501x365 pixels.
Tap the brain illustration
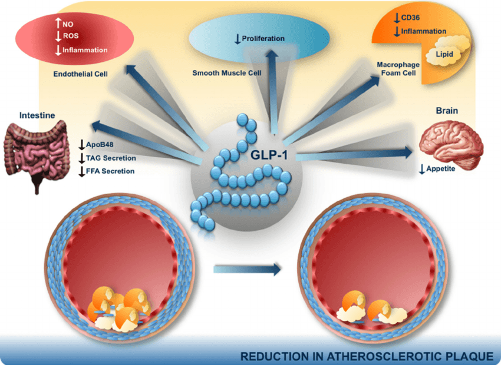451,142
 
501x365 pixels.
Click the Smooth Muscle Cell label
226,74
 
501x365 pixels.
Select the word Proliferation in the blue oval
263,39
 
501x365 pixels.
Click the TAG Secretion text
111,158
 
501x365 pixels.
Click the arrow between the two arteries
246,270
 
